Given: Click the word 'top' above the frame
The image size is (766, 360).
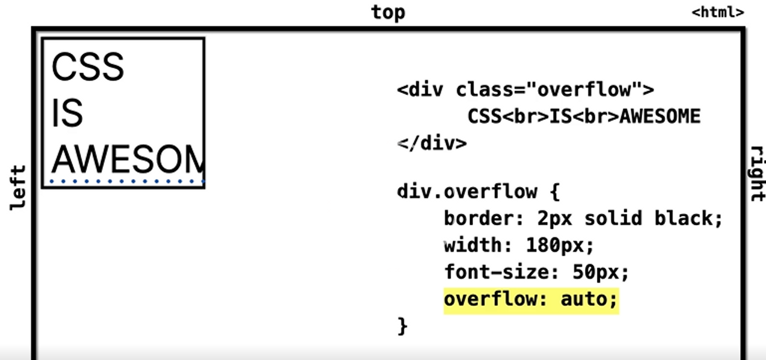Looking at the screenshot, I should click(388, 13).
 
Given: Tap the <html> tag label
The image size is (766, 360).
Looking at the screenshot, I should click(718, 13).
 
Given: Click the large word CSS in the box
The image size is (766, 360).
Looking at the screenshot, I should click(88, 67).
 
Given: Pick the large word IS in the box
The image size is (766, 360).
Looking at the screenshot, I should click(67, 114).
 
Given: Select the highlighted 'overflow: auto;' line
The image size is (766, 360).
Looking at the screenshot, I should click(531, 300).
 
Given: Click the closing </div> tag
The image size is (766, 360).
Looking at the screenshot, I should click(432, 144).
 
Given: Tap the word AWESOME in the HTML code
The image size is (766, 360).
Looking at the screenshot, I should click(660, 117).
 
